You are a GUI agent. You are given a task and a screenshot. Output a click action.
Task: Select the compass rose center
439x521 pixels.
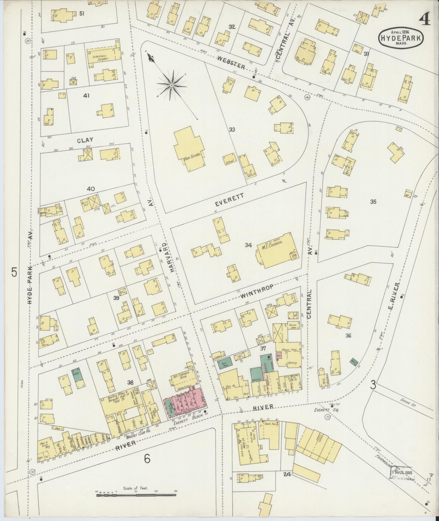point(171,86)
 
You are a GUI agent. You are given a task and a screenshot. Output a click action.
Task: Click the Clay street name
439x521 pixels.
point(85,140)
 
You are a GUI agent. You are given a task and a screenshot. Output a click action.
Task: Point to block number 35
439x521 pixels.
point(373,202)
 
